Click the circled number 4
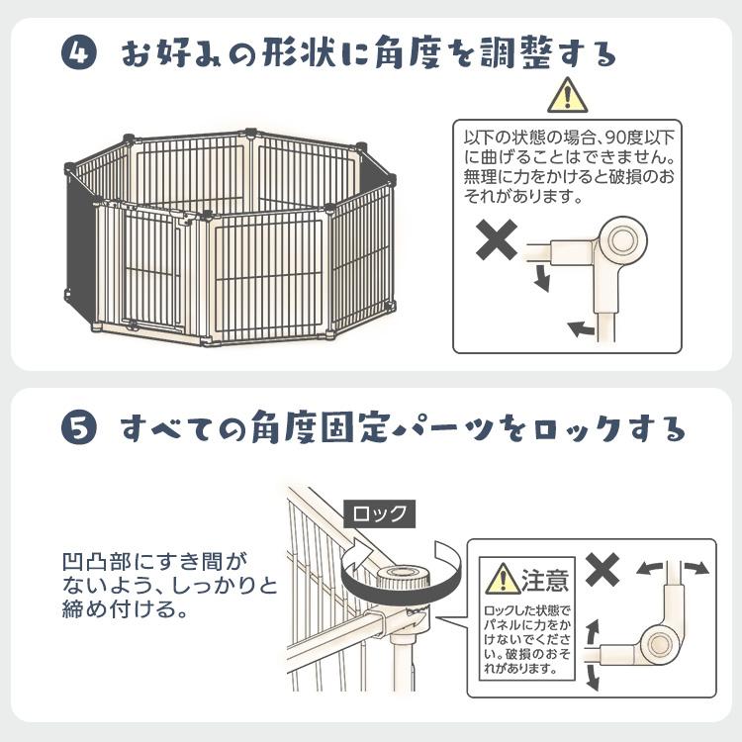pos(78,52)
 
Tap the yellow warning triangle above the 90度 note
pos(568,96)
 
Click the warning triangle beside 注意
pos(503,579)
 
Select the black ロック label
pos(379,513)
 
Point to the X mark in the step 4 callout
pos(497,239)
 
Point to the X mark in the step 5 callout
pos(603,569)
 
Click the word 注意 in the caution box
pos(545,579)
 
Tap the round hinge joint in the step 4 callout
pos(622,240)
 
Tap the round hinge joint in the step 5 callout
pos(660,645)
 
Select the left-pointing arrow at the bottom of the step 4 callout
pos(581,328)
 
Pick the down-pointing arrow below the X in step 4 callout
pos(542,278)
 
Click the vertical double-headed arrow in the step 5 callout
pos(593,654)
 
